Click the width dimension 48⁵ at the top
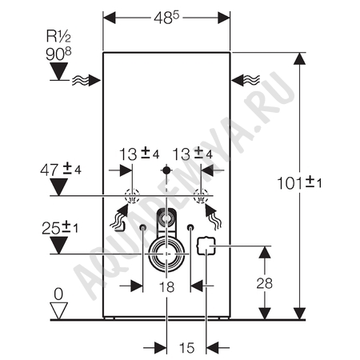click(x=166, y=18)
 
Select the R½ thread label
click(x=58, y=36)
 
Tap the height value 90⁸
click(x=58, y=54)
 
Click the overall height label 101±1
click(x=299, y=183)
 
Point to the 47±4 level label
click(x=61, y=170)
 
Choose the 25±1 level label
click(x=60, y=228)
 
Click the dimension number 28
click(x=265, y=283)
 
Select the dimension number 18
click(x=166, y=287)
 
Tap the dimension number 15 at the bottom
click(x=186, y=348)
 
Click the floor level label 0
click(x=58, y=294)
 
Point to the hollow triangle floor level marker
click(x=58, y=310)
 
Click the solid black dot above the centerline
click(x=166, y=170)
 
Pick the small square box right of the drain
click(x=206, y=246)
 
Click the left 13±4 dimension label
click(x=139, y=154)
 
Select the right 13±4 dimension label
click(x=193, y=154)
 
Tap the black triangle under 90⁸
click(x=59, y=71)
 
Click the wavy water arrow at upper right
click(x=246, y=80)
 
